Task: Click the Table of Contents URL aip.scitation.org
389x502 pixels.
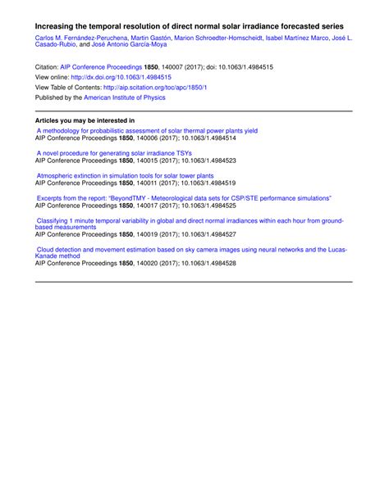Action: click(157, 86)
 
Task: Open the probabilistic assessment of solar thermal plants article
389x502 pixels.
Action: click(147, 130)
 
